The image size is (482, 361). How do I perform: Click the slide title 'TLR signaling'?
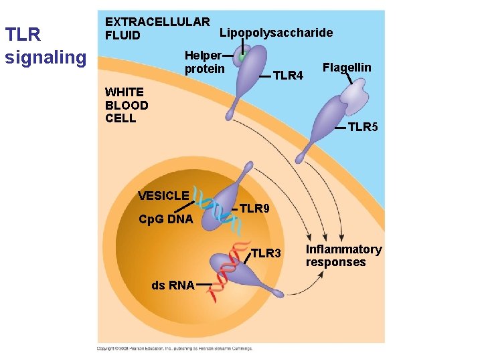click(45, 45)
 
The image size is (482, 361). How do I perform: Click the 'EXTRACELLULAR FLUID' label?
click(157, 29)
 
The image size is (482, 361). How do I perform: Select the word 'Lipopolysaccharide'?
click(276, 33)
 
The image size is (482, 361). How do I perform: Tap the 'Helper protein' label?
click(204, 62)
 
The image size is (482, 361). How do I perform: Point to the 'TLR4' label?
click(288, 76)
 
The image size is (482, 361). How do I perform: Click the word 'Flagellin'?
click(347, 68)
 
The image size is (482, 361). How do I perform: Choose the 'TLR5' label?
click(363, 127)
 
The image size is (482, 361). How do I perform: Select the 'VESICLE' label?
click(163, 196)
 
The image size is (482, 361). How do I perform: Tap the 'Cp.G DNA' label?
click(165, 219)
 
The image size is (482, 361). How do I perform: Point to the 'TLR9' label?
click(254, 209)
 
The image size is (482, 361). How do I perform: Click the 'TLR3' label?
click(266, 253)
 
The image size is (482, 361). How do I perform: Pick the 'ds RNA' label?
click(173, 285)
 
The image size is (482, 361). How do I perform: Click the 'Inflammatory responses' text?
click(343, 256)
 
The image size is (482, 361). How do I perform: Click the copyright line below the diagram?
click(174, 348)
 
